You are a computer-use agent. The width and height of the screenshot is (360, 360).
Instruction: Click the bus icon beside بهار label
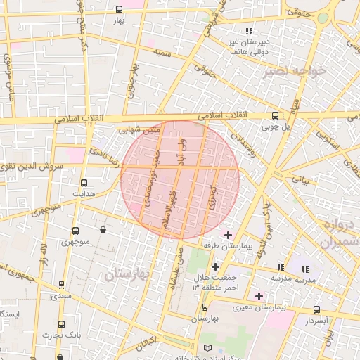(118, 10)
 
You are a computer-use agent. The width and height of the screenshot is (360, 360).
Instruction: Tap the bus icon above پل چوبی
(275, 116)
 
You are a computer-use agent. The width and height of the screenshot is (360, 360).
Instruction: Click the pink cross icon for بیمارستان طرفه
(227, 235)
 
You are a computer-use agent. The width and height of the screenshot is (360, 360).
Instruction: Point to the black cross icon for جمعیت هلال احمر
(215, 266)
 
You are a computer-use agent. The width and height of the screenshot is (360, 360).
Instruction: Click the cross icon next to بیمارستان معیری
(259, 297)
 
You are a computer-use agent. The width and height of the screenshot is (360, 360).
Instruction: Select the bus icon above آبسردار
(316, 309)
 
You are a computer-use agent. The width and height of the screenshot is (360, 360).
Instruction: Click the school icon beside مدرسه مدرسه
(281, 268)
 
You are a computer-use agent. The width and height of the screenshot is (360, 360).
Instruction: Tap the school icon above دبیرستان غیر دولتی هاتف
(249, 31)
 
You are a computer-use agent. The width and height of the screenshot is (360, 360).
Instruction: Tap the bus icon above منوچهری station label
(75, 231)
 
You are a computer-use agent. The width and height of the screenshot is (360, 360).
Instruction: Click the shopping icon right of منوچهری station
(103, 230)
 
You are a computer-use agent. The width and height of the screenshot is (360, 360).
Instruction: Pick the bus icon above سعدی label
(61, 285)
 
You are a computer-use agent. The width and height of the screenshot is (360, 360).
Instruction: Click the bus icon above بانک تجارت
(61, 325)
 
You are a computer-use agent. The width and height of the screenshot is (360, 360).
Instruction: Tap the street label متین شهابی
(142, 131)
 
